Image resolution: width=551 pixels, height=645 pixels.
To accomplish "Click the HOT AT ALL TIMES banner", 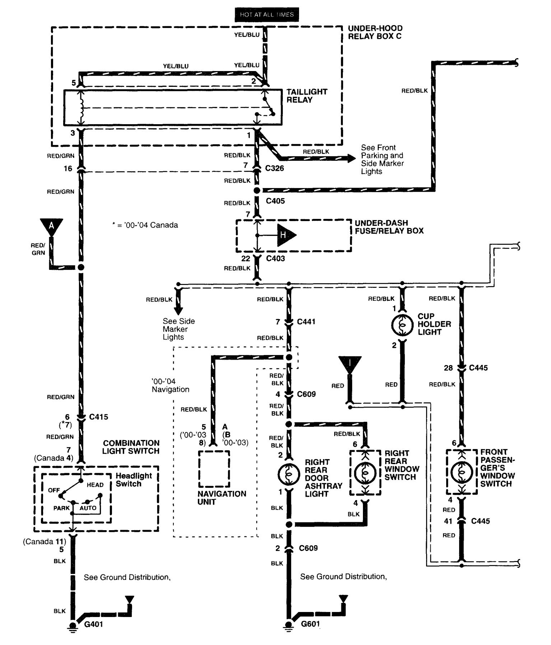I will click(x=267, y=15).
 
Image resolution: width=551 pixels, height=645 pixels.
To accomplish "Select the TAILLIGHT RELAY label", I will click(x=307, y=96).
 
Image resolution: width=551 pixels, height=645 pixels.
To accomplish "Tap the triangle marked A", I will click(x=52, y=226).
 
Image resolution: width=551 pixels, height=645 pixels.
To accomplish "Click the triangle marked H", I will click(x=285, y=235).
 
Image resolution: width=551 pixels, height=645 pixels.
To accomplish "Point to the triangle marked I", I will click(x=350, y=364).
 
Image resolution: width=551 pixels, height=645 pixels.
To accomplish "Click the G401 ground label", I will click(x=93, y=624).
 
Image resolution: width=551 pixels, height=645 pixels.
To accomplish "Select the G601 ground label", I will click(x=310, y=624).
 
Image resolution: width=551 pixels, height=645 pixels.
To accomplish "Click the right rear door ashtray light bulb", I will click(x=289, y=474).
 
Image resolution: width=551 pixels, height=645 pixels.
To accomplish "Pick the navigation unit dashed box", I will click(x=214, y=469).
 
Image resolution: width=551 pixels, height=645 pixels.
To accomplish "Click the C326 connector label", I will click(x=275, y=168).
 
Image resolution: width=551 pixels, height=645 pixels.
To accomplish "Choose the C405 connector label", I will click(x=275, y=201).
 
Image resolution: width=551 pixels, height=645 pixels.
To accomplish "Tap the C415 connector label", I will click(x=98, y=417).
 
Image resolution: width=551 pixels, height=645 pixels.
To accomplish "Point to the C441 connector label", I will click(x=306, y=322).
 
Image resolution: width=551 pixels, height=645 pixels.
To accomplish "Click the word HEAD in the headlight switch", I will click(x=95, y=485).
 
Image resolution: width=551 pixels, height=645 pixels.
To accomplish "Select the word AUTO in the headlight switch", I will click(x=88, y=508).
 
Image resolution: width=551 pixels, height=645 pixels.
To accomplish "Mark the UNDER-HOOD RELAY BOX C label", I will click(x=375, y=32).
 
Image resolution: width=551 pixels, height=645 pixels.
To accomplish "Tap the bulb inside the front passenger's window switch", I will click(x=462, y=472).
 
